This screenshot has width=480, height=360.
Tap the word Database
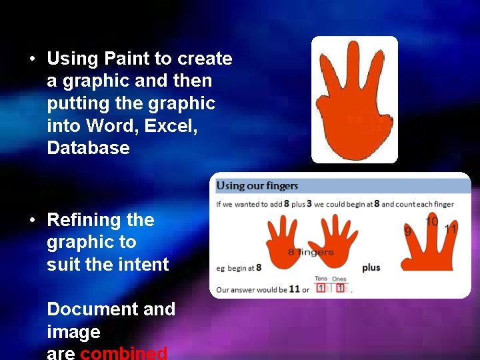[x=88, y=147]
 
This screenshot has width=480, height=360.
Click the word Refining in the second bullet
[x=81, y=220]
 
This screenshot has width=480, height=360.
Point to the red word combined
[x=123, y=353]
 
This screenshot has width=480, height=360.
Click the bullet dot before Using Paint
[x=32, y=59]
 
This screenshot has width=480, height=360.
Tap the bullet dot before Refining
[x=32, y=220]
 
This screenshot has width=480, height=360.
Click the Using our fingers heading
[x=257, y=185]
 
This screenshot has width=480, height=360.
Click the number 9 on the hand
[x=408, y=231]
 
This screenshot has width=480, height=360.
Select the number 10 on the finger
[x=431, y=221]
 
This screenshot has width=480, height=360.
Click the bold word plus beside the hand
[x=371, y=267]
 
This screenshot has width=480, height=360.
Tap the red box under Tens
[x=321, y=288]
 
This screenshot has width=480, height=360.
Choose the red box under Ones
[x=339, y=288]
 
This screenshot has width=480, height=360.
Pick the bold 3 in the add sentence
[x=309, y=203]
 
